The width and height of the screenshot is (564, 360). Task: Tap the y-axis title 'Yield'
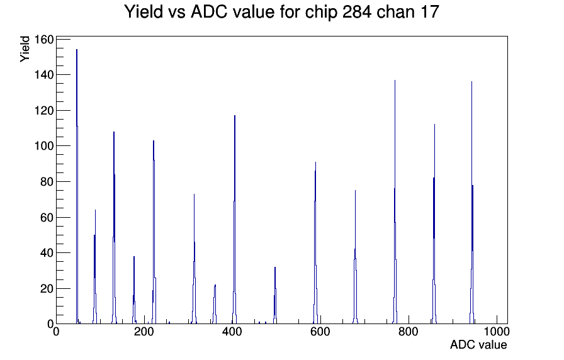25,49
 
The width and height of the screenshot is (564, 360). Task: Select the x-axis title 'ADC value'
478,344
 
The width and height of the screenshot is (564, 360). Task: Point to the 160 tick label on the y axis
43,39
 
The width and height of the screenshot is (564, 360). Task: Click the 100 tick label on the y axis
43,146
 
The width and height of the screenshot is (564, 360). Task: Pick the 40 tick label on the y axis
47,253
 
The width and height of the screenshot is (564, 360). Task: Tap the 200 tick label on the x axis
144,332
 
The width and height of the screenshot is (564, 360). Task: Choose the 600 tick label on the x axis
320,332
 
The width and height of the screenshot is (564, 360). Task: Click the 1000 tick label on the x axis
497,332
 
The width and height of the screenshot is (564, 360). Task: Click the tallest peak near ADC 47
77,187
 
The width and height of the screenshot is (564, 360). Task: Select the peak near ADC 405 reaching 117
235,220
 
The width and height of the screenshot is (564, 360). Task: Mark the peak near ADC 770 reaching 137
395,201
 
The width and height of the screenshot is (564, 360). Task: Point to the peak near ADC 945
472,203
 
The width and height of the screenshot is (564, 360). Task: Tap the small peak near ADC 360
215,304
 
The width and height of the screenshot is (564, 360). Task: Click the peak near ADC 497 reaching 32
275,296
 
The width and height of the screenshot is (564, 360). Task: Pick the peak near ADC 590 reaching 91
315,243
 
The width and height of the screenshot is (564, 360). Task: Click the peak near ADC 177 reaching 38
134,290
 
